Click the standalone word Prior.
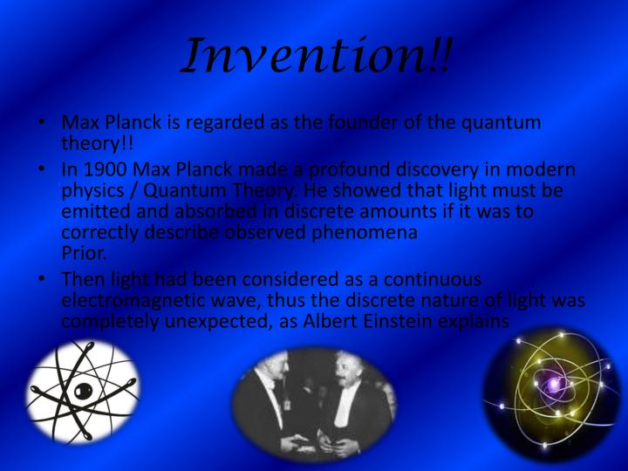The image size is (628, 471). click(85, 253)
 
